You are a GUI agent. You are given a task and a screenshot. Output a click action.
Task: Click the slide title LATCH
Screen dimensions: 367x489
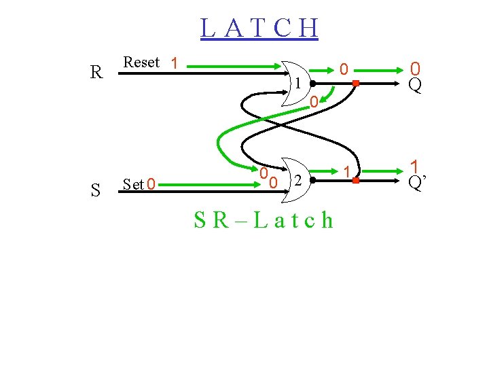(x=259, y=28)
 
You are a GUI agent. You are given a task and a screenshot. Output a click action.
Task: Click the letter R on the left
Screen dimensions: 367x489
(x=97, y=72)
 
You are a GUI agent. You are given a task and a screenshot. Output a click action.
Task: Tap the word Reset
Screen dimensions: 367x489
(x=141, y=62)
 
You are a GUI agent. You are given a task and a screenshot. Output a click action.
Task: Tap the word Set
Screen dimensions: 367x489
(x=134, y=184)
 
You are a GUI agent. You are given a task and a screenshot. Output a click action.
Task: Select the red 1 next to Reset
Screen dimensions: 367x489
(x=175, y=64)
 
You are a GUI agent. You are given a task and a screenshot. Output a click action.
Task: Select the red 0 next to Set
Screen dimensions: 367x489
(x=151, y=184)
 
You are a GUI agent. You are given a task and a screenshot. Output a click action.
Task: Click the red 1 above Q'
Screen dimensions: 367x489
(x=414, y=166)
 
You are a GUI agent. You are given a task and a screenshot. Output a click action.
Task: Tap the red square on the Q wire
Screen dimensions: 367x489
(x=355, y=84)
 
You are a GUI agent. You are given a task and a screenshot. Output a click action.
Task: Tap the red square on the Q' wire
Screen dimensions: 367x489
(x=355, y=181)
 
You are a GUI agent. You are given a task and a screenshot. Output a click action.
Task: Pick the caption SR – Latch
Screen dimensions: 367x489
(x=264, y=220)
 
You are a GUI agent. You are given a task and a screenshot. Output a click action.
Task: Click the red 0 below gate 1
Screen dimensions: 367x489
(x=313, y=103)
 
